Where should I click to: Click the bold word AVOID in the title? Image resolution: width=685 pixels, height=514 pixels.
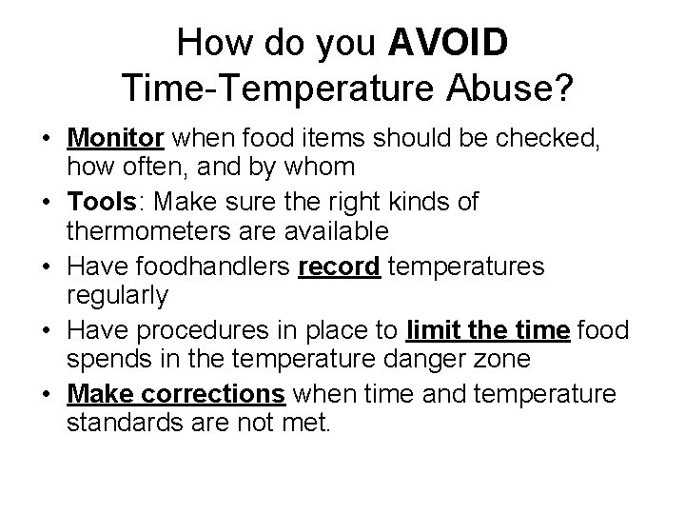(x=449, y=44)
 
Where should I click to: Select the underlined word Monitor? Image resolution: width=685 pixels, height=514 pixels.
(x=116, y=139)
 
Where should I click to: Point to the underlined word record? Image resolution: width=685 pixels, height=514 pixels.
(x=340, y=267)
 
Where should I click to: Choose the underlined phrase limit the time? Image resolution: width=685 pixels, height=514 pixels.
(x=487, y=331)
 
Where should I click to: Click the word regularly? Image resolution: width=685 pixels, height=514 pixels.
(x=117, y=296)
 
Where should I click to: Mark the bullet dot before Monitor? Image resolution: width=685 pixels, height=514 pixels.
(x=46, y=140)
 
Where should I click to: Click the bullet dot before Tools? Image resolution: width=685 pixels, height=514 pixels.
(x=46, y=204)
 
